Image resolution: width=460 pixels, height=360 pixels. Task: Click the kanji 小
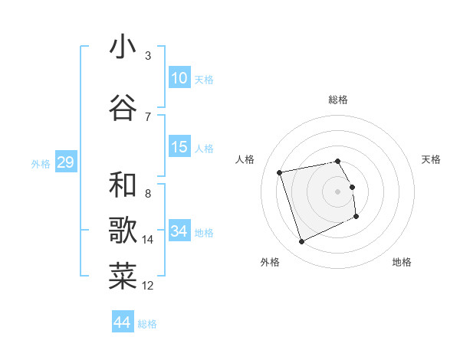pyautogui.click(x=123, y=47)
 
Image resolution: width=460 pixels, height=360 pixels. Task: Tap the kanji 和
pyautogui.click(x=123, y=185)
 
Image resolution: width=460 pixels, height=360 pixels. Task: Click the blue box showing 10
pyautogui.click(x=179, y=78)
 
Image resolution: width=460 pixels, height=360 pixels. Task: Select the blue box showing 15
pyautogui.click(x=179, y=147)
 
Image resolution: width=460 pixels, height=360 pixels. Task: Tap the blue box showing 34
pyautogui.click(x=179, y=231)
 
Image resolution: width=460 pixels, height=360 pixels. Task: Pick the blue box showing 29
pyautogui.click(x=65, y=162)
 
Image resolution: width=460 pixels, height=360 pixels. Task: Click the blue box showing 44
pyautogui.click(x=123, y=322)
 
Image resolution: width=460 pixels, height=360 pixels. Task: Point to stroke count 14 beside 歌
pyautogui.click(x=148, y=240)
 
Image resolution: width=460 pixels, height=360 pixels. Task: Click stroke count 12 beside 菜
pyautogui.click(x=148, y=286)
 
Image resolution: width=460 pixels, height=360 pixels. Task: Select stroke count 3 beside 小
pyautogui.click(x=148, y=56)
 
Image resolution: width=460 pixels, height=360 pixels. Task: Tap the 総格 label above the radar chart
pyautogui.click(x=338, y=100)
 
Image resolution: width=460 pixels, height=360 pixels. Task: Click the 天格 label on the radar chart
pyautogui.click(x=432, y=159)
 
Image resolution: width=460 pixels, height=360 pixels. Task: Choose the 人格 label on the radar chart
pyautogui.click(x=245, y=159)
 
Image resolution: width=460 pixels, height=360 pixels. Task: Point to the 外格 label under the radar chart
pyautogui.click(x=270, y=262)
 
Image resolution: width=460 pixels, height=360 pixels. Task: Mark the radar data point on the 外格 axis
pyautogui.click(x=301, y=242)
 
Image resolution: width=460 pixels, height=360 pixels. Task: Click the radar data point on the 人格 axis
pyautogui.click(x=280, y=172)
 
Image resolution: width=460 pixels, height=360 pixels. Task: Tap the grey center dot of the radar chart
pyautogui.click(x=338, y=191)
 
